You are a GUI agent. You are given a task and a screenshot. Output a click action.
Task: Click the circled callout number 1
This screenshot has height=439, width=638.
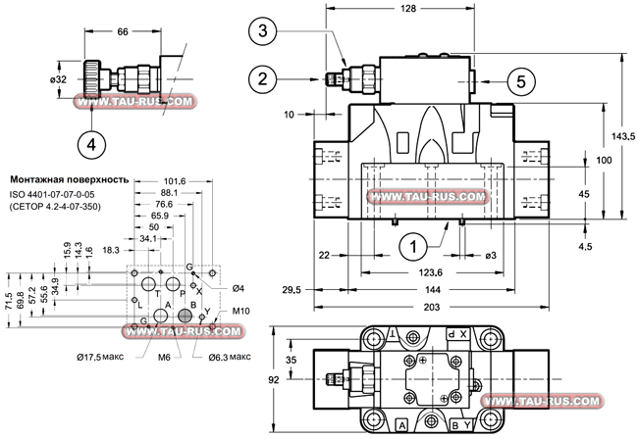click(413, 247)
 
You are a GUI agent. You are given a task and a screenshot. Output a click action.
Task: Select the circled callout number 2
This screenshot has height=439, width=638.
click(263, 78)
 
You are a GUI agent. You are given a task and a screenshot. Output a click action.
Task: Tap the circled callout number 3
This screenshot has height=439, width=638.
click(263, 30)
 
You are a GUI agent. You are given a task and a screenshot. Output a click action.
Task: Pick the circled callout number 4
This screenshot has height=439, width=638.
click(91, 144)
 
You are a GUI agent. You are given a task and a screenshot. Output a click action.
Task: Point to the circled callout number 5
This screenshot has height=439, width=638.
click(521, 81)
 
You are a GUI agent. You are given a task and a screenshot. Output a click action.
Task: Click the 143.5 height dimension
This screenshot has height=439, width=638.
click(623, 137)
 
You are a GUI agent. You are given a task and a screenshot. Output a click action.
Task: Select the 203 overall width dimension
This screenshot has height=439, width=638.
click(432, 307)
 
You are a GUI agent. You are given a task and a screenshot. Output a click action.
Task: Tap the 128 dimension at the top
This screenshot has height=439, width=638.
click(408, 9)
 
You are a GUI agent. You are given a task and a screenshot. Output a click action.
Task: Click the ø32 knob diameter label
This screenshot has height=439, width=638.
click(58, 79)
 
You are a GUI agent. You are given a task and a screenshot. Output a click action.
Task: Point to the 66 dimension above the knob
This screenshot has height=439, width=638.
click(123, 31)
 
